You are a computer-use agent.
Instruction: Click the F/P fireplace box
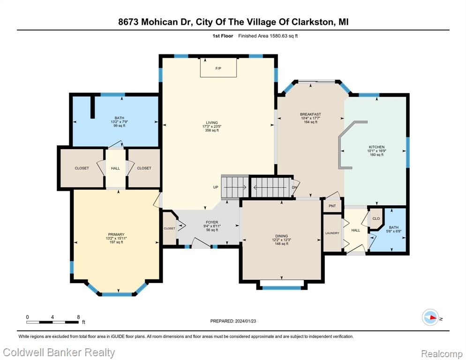[x=218, y=67]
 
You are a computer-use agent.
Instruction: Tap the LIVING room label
[x=212, y=122]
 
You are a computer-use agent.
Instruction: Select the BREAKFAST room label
[x=310, y=114]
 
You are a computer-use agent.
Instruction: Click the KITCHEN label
[x=376, y=147]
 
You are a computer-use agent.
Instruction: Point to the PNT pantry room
[x=332, y=206]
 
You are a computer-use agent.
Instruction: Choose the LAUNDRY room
[x=332, y=233]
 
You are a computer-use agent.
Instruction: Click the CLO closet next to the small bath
[x=376, y=219]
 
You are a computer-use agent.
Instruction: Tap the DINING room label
[x=281, y=236]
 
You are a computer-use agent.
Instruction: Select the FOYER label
[x=212, y=222]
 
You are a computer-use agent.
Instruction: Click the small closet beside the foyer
[x=169, y=228]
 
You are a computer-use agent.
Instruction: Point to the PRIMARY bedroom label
[x=116, y=234]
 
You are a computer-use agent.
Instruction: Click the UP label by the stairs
[x=216, y=187]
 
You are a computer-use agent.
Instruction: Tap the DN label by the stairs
[x=294, y=187]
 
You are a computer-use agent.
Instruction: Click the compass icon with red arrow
[x=430, y=317]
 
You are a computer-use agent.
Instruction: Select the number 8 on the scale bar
[x=78, y=317]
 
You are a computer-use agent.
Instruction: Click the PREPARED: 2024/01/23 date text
[x=233, y=321]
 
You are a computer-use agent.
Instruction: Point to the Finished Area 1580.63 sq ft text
[x=268, y=36]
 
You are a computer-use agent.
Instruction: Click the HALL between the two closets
[x=115, y=168]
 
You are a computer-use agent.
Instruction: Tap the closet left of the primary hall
[x=82, y=168]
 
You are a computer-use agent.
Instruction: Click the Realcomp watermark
[x=442, y=354]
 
